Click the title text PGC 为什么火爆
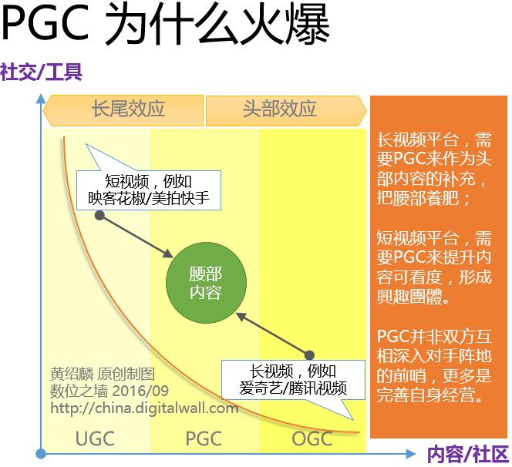tap(166, 25)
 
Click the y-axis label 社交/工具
tap(41, 72)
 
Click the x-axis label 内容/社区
tap(467, 453)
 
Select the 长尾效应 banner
tap(123, 109)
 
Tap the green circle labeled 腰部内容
tap(205, 283)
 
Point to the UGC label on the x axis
tap(95, 439)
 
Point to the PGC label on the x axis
tap(204, 439)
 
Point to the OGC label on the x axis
tap(312, 439)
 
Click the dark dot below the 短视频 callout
tap(99, 216)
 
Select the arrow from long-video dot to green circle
tap(273, 332)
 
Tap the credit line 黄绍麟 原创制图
tap(101, 375)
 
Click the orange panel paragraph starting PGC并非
tap(433, 367)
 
